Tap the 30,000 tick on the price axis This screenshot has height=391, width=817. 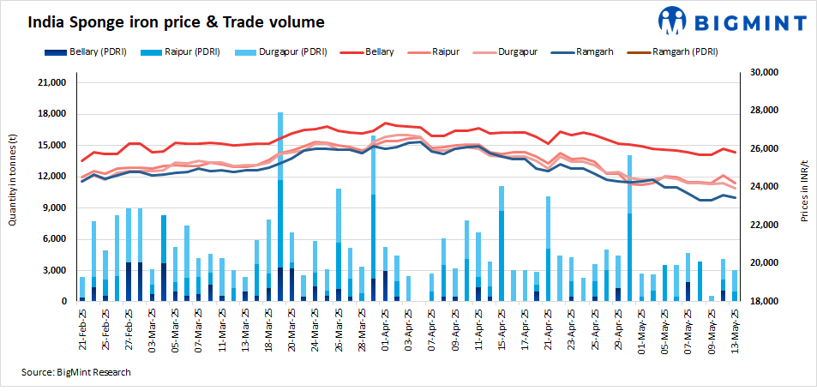click(763, 73)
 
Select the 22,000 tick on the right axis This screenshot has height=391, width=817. click(763, 225)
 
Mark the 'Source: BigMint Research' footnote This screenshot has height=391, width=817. click(77, 372)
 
